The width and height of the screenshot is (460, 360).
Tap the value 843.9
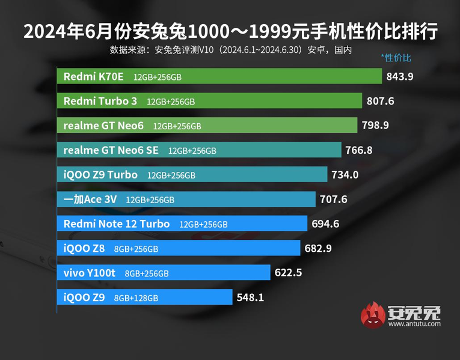[x=400, y=76]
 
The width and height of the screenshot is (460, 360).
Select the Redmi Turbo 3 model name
[x=96, y=101]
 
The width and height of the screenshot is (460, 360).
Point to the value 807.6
[x=380, y=101]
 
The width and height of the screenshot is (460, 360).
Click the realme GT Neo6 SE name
[x=111, y=150]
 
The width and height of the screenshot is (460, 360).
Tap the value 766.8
[x=359, y=150]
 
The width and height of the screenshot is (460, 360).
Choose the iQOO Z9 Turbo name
[x=100, y=175]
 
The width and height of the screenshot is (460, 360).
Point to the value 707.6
[x=334, y=200]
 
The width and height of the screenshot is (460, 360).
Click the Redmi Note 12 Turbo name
[x=117, y=224]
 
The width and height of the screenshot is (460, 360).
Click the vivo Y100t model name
[x=89, y=273]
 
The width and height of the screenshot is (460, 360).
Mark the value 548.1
[x=251, y=297]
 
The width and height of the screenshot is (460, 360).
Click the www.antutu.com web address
[x=414, y=324]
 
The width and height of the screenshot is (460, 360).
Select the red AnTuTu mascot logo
[x=373, y=316]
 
